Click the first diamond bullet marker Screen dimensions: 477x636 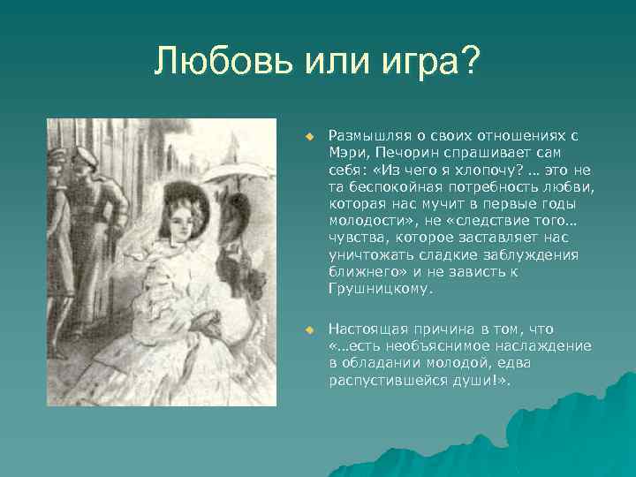pos(309,137)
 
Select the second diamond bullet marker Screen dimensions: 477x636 pos(309,329)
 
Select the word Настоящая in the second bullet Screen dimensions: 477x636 pos(365,329)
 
